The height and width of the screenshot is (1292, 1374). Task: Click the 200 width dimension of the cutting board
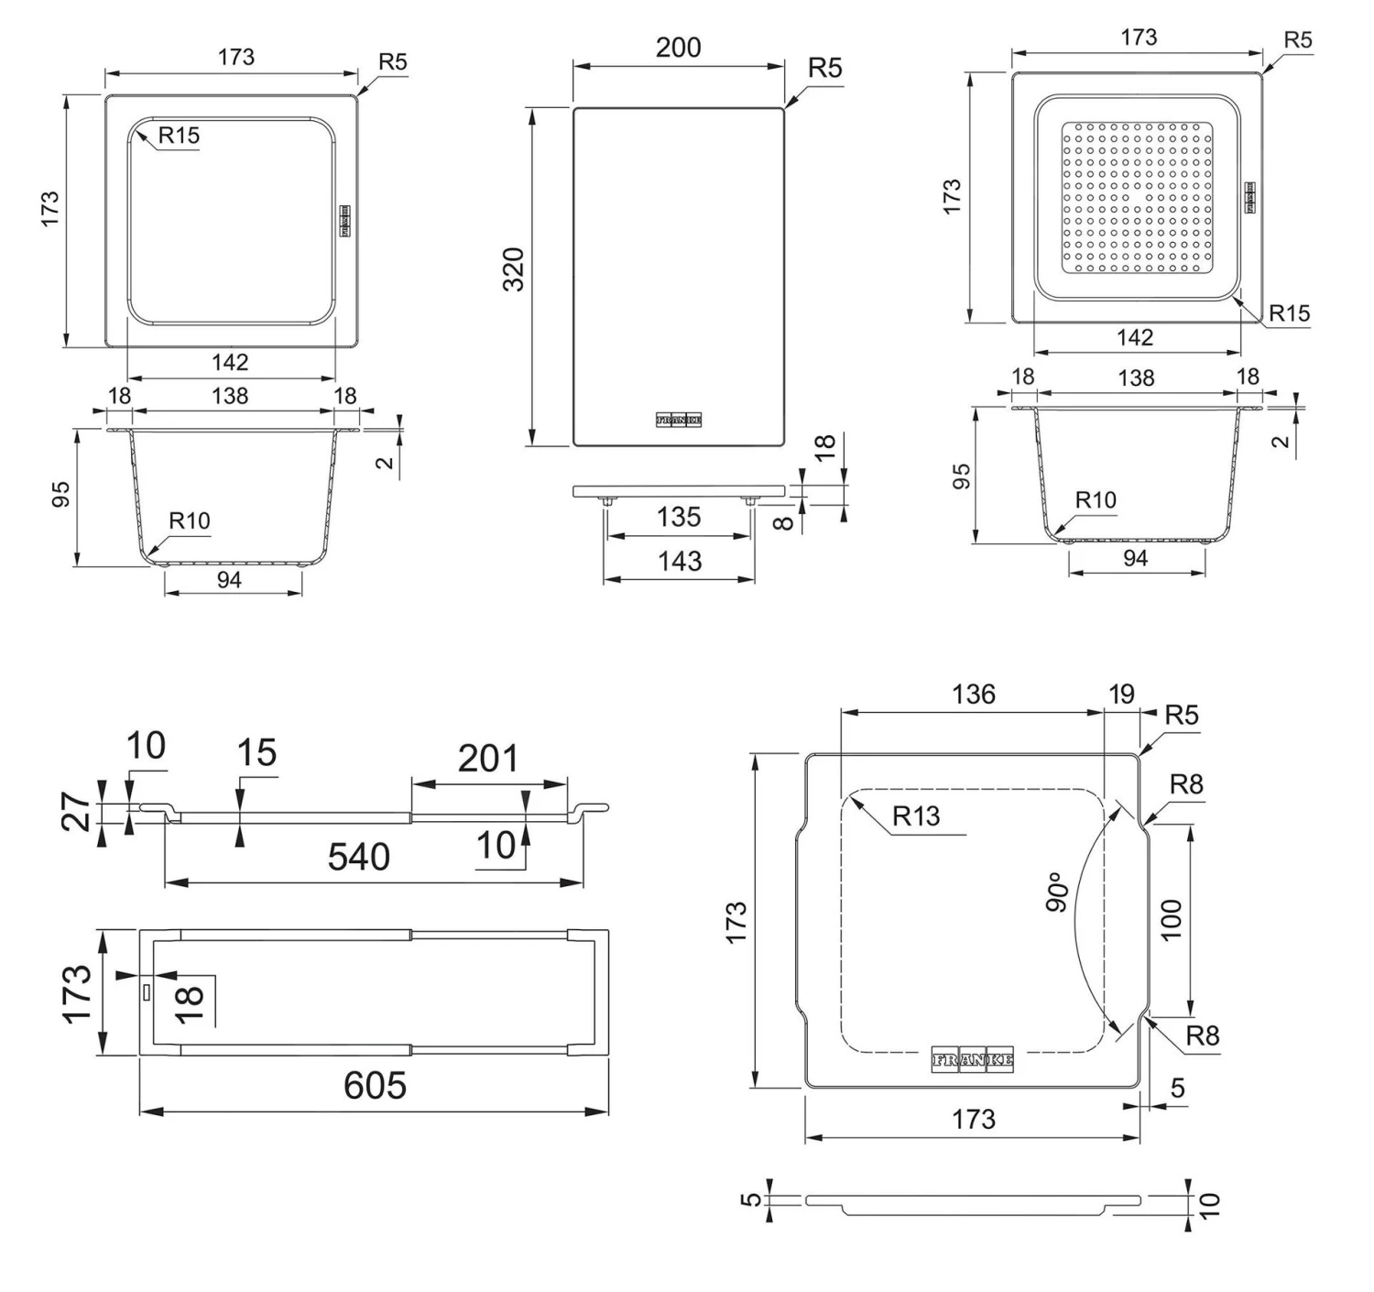click(678, 48)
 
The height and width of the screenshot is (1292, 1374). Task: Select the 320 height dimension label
click(514, 269)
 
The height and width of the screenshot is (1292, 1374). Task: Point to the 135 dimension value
click(678, 517)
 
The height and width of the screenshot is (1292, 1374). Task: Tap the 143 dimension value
click(679, 561)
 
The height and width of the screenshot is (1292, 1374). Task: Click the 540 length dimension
click(359, 857)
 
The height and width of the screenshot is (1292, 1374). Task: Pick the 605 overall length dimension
click(375, 1086)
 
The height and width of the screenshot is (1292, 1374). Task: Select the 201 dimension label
click(488, 759)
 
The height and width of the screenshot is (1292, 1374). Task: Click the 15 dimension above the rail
click(256, 752)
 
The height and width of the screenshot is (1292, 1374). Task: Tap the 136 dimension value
click(973, 694)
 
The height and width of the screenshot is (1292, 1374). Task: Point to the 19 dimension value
click(1121, 694)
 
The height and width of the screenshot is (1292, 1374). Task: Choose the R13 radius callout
click(916, 816)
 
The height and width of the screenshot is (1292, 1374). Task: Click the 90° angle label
click(1057, 892)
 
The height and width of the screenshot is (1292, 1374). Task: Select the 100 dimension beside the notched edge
click(1172, 919)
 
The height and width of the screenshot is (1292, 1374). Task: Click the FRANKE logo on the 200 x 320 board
click(679, 420)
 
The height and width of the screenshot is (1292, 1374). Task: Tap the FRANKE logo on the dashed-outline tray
click(973, 1059)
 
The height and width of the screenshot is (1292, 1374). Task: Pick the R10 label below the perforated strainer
click(1096, 499)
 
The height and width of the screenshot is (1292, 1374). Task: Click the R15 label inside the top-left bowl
click(179, 136)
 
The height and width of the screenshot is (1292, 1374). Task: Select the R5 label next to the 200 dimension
click(825, 69)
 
